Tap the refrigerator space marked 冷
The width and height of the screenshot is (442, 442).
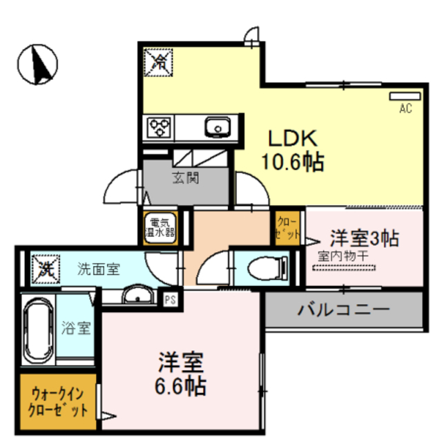[x=158, y=62]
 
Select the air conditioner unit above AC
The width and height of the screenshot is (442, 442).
[x=405, y=96]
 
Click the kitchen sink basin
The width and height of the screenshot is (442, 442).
[x=218, y=127]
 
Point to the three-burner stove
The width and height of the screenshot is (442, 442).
[x=160, y=127]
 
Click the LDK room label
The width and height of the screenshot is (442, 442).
[x=293, y=138]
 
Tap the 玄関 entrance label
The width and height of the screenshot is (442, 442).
[x=186, y=178]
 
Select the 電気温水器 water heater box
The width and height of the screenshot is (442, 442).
[x=160, y=228]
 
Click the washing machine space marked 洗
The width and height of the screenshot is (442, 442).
[x=46, y=269]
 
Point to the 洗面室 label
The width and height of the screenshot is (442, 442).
[x=99, y=269]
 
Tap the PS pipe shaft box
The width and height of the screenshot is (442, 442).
[x=171, y=300]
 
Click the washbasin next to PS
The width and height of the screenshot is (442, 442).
[x=138, y=294]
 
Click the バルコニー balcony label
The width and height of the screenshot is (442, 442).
[x=344, y=309]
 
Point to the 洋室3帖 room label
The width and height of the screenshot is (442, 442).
[x=364, y=238]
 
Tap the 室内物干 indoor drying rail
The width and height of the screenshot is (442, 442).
[x=344, y=267]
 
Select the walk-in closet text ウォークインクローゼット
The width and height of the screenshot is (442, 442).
[x=57, y=402]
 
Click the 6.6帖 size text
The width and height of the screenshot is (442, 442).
[x=180, y=386]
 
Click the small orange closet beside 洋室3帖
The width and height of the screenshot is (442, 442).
[x=287, y=228]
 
